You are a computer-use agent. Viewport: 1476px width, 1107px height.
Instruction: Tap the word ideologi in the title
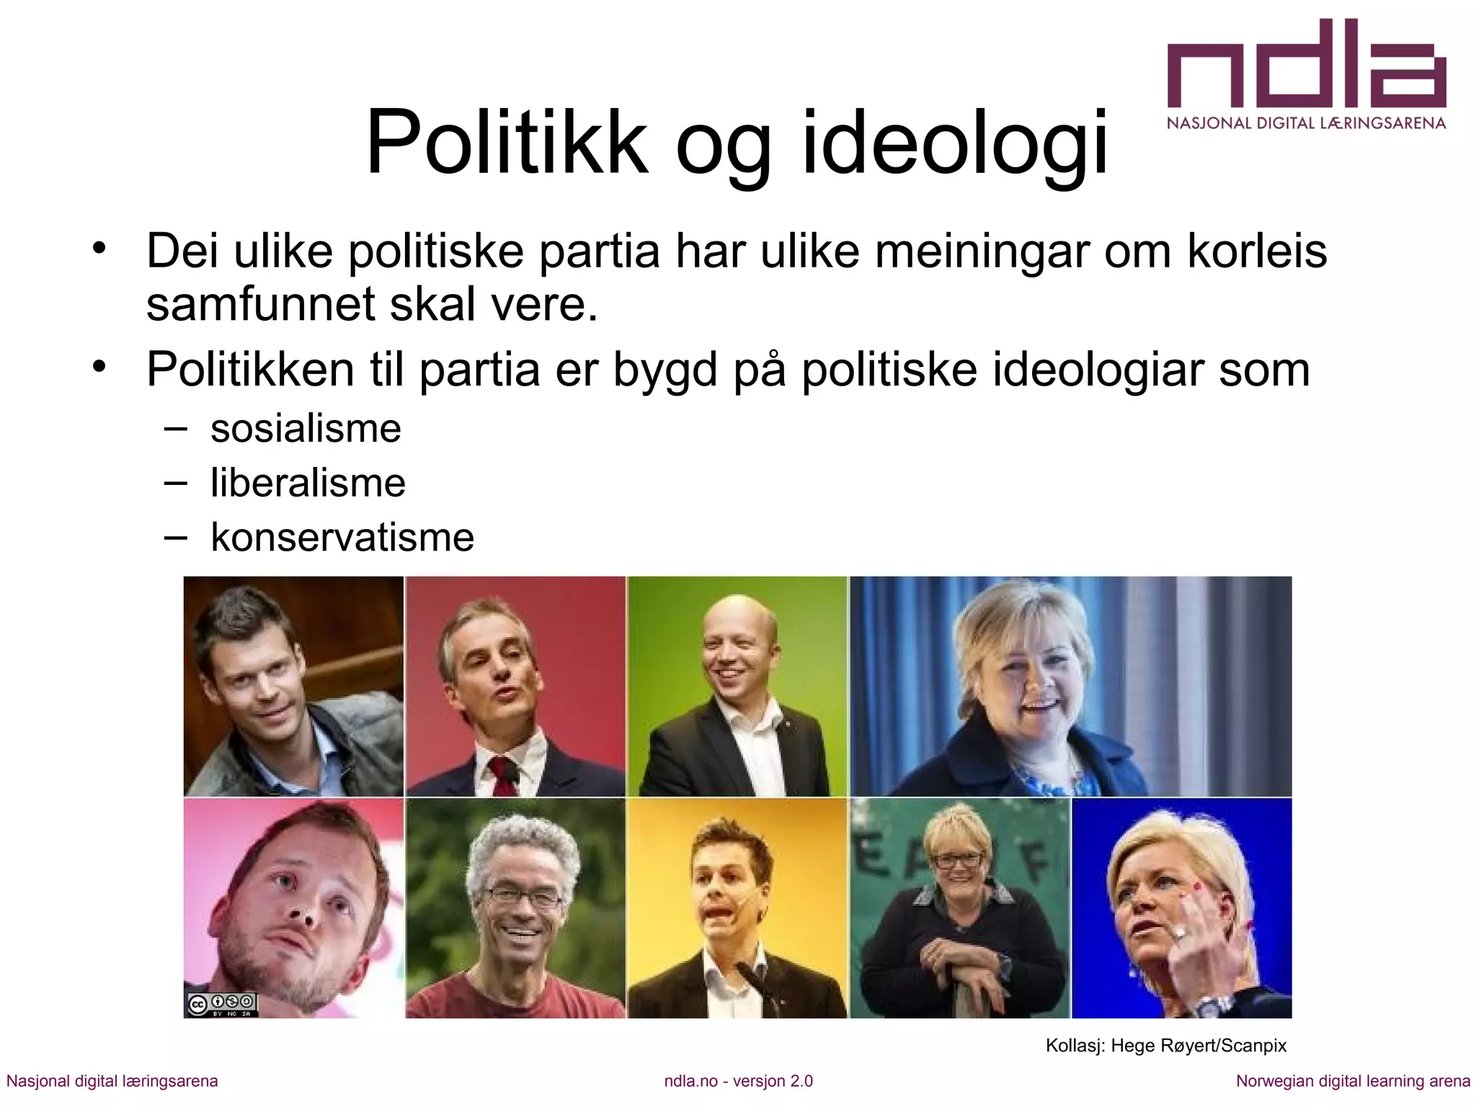pyautogui.click(x=954, y=144)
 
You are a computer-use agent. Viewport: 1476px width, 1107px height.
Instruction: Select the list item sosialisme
pyautogui.click(x=306, y=429)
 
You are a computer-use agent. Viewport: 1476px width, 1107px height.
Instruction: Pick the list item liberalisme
pyautogui.click(x=308, y=483)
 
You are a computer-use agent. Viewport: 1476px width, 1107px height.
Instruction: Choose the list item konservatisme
pyautogui.click(x=342, y=537)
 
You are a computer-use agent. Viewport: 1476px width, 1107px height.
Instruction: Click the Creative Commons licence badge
pyautogui.click(x=221, y=1004)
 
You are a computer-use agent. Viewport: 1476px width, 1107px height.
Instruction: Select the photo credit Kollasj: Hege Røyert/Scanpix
pyautogui.click(x=1165, y=1045)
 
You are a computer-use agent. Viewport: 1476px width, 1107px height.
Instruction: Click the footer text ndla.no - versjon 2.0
pyautogui.click(x=738, y=1081)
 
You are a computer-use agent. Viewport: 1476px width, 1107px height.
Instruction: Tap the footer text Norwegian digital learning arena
pyautogui.click(x=1353, y=1081)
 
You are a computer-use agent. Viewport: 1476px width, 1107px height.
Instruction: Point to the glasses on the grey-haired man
pyautogui.click(x=523, y=897)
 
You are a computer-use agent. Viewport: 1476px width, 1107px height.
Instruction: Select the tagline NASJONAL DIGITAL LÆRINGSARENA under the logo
pyautogui.click(x=1306, y=123)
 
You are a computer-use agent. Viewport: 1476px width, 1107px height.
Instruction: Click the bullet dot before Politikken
pyautogui.click(x=99, y=367)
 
